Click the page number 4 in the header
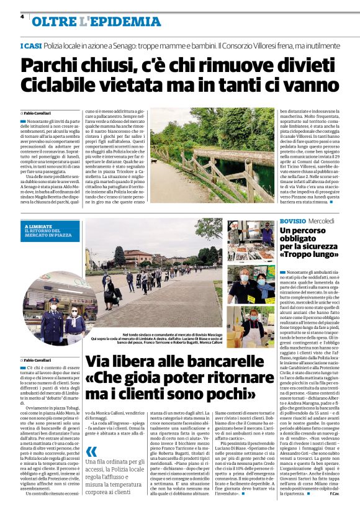[22, 17]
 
